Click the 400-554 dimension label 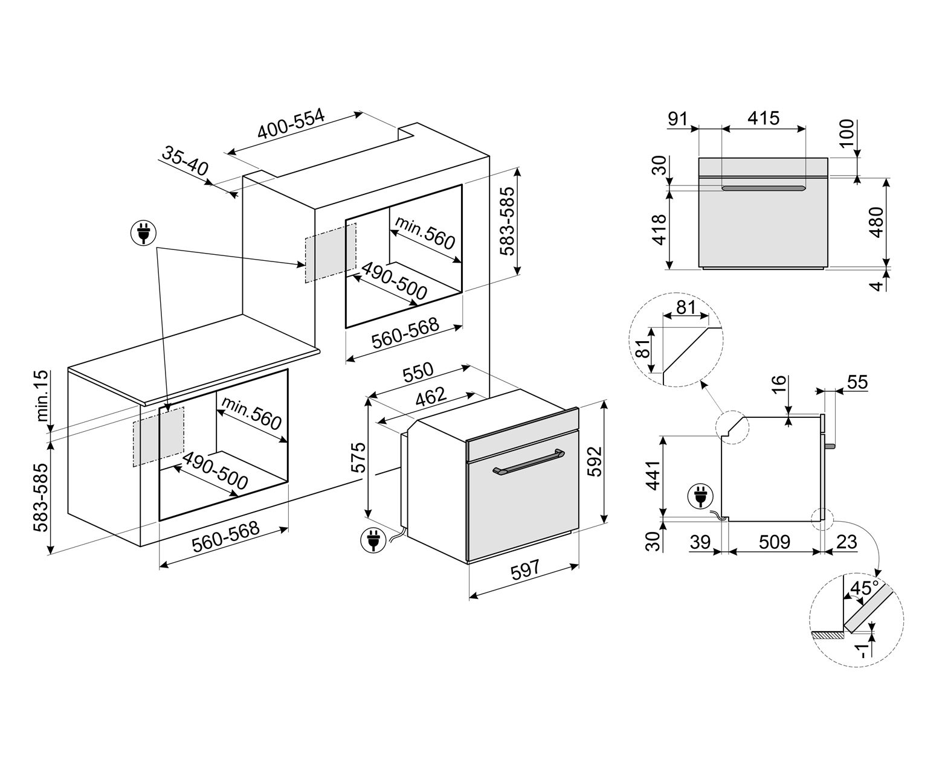tap(291, 124)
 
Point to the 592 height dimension tap(595, 462)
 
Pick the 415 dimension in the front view tap(763, 118)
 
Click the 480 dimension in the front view tap(876, 222)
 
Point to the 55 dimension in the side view tap(857, 382)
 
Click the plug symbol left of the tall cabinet tap(143, 232)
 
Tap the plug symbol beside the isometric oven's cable tap(372, 540)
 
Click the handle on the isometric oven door tap(528, 461)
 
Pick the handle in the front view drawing tap(763, 188)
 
